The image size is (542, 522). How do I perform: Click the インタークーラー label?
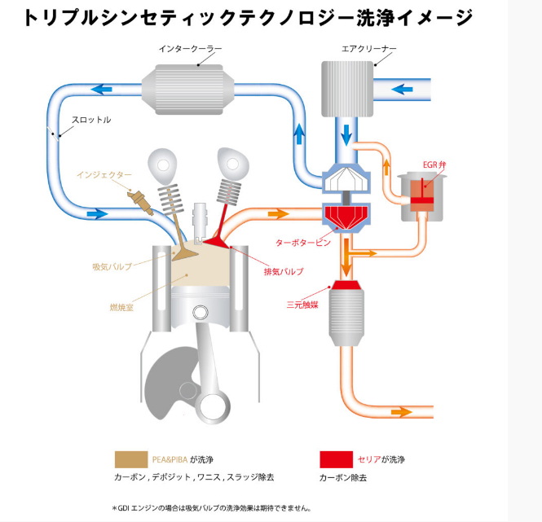coord(190,49)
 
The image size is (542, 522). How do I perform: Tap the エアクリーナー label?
coord(368,49)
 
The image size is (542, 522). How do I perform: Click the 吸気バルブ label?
coord(112,266)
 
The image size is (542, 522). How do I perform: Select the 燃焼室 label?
coord(122,307)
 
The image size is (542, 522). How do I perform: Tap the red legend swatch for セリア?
coord(336,458)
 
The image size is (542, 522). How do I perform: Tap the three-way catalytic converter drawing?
coord(349,311)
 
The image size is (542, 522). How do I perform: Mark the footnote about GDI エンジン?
coord(212,508)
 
